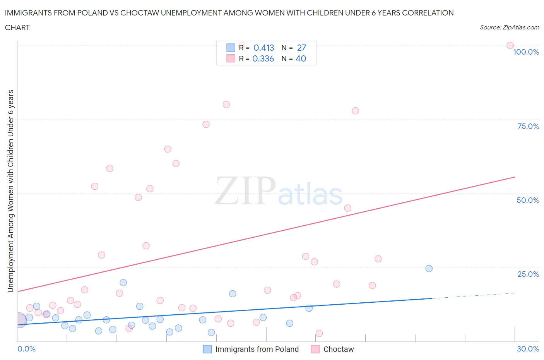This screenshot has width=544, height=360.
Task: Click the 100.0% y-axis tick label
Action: point(526,52)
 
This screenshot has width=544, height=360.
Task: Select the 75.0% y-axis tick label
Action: point(528,126)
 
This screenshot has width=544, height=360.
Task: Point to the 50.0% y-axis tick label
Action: point(528,200)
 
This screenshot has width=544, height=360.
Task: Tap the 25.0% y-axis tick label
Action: point(528,274)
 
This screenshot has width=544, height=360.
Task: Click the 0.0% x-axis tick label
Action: point(26,349)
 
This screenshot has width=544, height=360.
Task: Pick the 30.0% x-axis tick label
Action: point(528,349)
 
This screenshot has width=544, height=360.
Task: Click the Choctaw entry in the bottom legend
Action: point(338,349)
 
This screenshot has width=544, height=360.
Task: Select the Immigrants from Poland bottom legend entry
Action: point(257,349)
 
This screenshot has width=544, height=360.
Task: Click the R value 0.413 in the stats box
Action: point(263,48)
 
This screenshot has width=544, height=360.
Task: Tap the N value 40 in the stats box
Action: point(301,58)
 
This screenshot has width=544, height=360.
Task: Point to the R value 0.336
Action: point(263,58)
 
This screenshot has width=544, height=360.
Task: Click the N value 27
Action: point(301,48)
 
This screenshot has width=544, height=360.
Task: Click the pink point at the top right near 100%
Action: point(510,46)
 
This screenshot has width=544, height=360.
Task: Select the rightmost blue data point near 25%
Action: point(429,269)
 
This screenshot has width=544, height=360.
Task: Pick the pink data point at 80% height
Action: point(226,105)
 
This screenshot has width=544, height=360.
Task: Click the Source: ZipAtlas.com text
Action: point(509,27)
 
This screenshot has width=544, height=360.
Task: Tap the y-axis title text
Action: point(10,191)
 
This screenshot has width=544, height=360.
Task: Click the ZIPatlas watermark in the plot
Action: point(279,191)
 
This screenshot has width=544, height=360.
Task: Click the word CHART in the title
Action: point(17,27)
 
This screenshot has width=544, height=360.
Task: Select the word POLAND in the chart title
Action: point(93,13)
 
